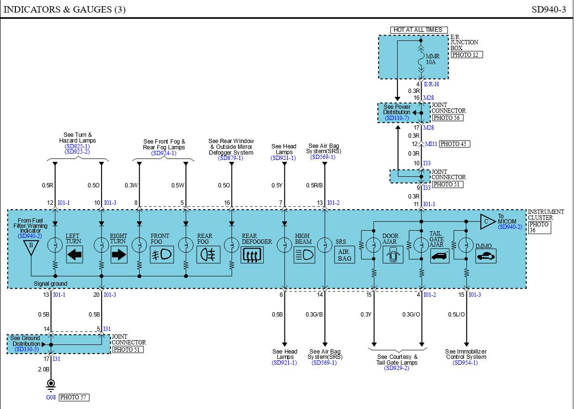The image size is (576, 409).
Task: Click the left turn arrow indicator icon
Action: (75, 254)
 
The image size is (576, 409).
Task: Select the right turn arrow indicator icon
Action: (119, 254)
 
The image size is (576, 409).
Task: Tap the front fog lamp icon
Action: (162, 254)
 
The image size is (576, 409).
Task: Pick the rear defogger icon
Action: (252, 254)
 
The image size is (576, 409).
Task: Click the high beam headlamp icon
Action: (305, 254)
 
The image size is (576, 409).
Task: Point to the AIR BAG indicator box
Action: (345, 254)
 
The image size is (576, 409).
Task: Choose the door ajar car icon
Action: (393, 254)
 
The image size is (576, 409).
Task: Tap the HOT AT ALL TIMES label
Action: (419, 30)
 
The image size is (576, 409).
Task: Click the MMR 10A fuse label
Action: (433, 59)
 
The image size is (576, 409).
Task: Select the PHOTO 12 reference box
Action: (467, 55)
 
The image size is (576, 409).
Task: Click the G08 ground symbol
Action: (51, 384)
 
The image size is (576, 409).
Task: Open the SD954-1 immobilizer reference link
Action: (465, 363)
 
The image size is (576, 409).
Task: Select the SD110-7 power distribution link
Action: (397, 118)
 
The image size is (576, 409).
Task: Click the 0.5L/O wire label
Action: (456, 315)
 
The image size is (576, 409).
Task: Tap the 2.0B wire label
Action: (44, 369)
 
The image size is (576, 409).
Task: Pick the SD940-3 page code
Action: (549, 10)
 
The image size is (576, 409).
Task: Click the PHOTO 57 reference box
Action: (74, 397)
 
